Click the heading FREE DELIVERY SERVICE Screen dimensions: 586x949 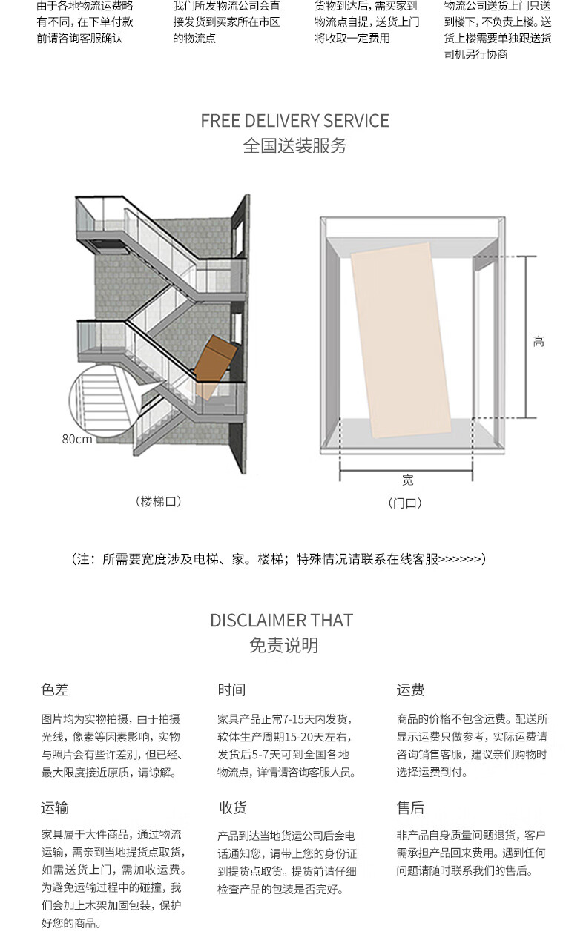click(x=294, y=121)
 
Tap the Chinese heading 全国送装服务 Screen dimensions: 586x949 click(x=294, y=145)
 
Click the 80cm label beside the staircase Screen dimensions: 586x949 click(x=76, y=439)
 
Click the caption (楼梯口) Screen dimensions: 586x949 click(x=159, y=502)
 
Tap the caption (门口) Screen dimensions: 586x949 click(x=405, y=503)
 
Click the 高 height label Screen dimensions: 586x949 click(x=539, y=341)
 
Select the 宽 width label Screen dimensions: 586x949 click(x=407, y=480)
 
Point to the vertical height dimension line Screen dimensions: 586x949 click(x=526, y=337)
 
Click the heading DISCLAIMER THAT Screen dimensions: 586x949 click(x=282, y=621)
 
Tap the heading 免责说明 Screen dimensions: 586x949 click(x=283, y=645)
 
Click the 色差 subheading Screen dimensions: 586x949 click(x=55, y=690)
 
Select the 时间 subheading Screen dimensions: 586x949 click(x=231, y=690)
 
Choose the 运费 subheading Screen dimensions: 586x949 click(x=410, y=690)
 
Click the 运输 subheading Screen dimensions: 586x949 click(x=55, y=807)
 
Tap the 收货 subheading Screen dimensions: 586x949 click(x=233, y=807)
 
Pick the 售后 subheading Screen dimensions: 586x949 click(x=410, y=807)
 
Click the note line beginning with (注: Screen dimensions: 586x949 click(x=278, y=559)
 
